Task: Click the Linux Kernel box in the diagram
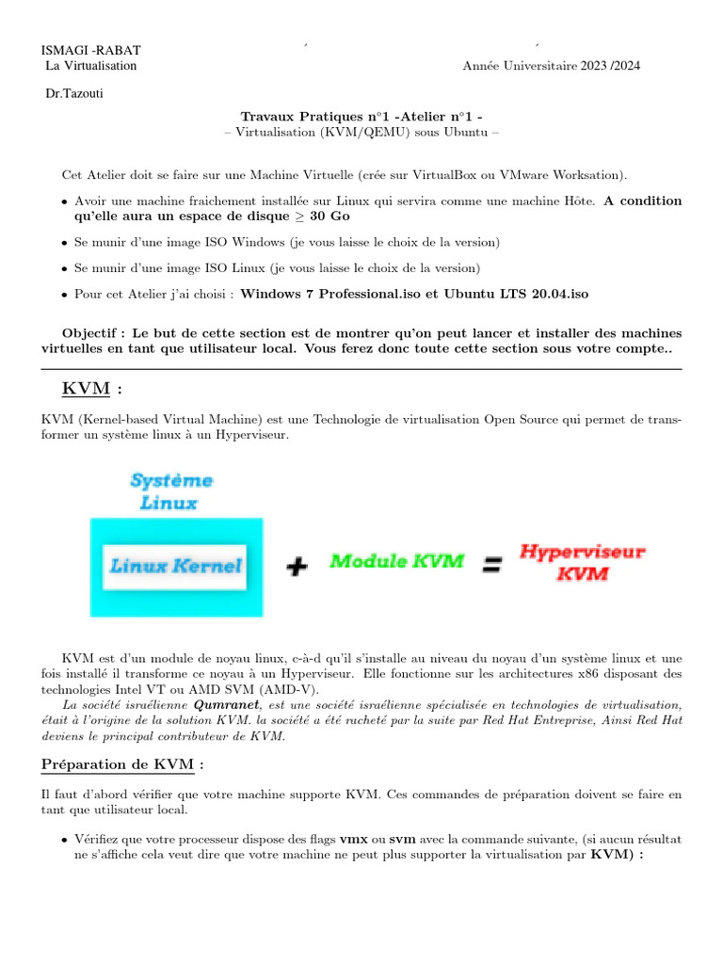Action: [175, 566]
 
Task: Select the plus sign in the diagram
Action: [297, 565]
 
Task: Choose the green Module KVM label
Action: [396, 562]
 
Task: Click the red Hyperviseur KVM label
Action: [583, 562]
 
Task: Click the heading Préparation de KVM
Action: [122, 763]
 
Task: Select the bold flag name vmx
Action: [353, 838]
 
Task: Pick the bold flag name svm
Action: [403, 838]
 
